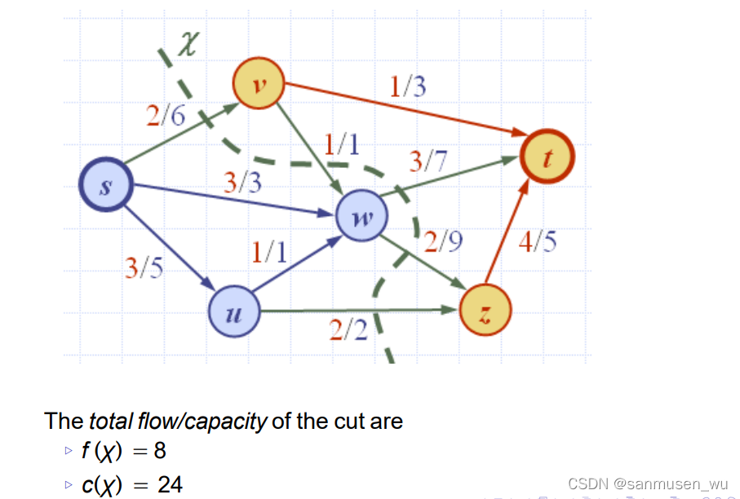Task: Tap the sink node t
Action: click(x=548, y=155)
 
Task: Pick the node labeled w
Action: click(x=363, y=217)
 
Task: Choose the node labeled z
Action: click(x=485, y=311)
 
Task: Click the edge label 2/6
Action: click(x=166, y=117)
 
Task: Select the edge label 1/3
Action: click(x=407, y=86)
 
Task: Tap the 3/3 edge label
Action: click(x=243, y=182)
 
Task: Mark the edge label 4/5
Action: click(x=538, y=242)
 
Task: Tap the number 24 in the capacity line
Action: click(x=170, y=485)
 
